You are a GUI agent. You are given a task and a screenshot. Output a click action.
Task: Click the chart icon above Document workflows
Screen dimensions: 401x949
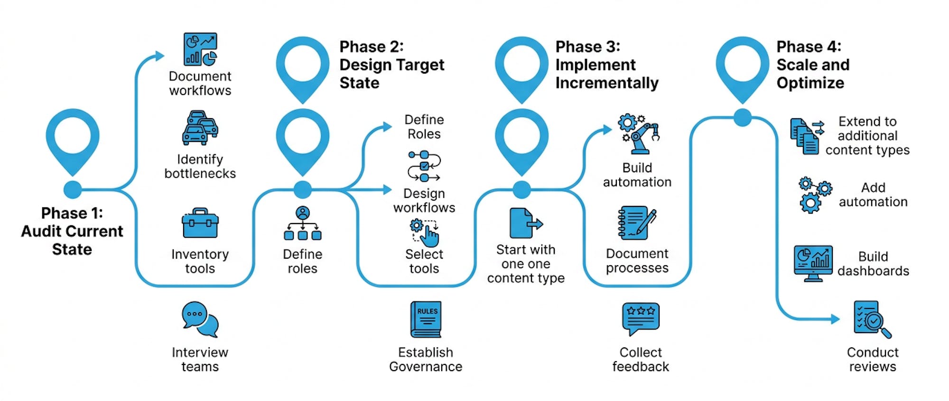point(200,49)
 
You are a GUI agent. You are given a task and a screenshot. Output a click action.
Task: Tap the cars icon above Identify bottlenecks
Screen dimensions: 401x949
point(200,128)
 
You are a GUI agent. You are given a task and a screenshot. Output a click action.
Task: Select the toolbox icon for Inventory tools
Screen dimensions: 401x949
point(200,223)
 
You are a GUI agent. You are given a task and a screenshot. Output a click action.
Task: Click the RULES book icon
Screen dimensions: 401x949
point(426,319)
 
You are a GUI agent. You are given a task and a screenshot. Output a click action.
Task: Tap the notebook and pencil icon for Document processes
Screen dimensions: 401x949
point(637,222)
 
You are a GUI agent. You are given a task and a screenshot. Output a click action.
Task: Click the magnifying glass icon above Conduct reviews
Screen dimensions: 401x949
point(872,319)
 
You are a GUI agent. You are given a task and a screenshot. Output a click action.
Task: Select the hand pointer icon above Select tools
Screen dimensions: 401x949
point(425,233)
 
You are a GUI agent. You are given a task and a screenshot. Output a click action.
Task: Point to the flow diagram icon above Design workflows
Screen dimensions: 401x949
point(424,166)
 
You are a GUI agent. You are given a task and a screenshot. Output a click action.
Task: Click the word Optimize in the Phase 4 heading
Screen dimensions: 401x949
point(810,83)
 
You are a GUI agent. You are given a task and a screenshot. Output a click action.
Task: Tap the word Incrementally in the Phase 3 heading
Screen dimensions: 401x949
point(607,83)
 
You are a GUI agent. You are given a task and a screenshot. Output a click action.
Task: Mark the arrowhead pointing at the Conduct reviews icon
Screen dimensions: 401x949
point(836,319)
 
